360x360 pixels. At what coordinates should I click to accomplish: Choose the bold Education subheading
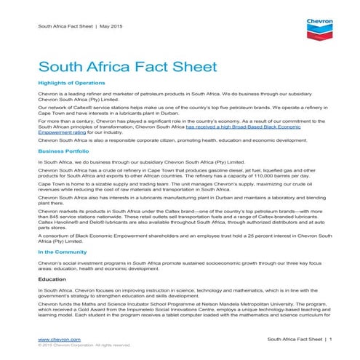pos(52,279)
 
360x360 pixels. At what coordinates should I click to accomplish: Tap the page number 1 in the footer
pos(330,339)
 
